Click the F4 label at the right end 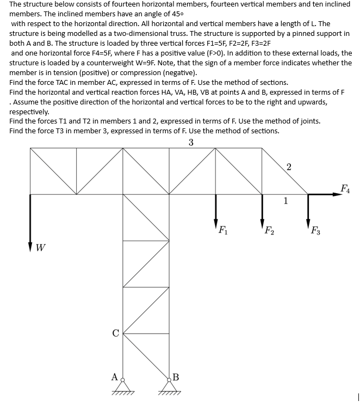coord(345,189)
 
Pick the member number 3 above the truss coord(191,143)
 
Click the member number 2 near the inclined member coord(289,166)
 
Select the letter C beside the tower coord(115,334)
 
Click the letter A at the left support coord(114,376)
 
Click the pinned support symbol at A coord(123,386)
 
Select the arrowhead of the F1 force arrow coord(216,225)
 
